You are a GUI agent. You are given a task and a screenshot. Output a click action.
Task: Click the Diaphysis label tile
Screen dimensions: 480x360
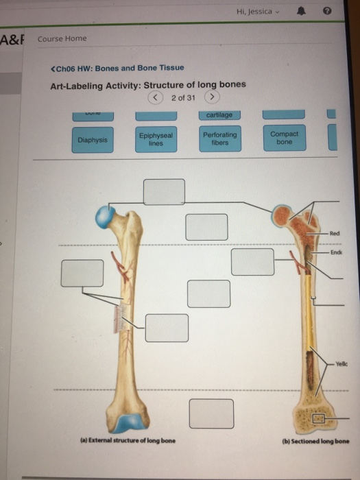tap(93, 139)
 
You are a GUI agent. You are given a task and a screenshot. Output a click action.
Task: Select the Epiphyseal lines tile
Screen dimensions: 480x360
tap(156, 139)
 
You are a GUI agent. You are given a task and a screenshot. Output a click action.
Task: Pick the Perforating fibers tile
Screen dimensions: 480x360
tap(220, 139)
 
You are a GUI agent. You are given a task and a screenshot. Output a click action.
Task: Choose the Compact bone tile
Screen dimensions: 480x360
tap(284, 139)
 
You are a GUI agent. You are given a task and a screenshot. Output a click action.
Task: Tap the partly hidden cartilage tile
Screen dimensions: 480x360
tap(219, 115)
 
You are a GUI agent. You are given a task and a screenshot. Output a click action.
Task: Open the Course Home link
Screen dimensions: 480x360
tap(62, 38)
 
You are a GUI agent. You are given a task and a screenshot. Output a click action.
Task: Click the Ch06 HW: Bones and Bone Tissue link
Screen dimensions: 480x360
tap(117, 68)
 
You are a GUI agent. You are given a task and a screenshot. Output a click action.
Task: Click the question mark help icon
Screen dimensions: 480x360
tap(327, 12)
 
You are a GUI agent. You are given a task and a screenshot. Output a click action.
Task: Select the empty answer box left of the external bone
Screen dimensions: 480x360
tap(82, 273)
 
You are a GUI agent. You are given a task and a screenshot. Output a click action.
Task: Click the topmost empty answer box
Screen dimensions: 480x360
tap(164, 192)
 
